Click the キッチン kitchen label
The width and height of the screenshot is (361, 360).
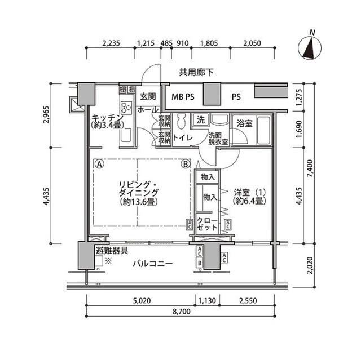tap(105, 117)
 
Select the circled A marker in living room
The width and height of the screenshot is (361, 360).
tap(99, 165)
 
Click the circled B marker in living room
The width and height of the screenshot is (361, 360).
tap(184, 165)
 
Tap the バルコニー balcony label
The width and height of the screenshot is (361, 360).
tap(153, 263)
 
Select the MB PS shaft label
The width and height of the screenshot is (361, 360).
tap(182, 96)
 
